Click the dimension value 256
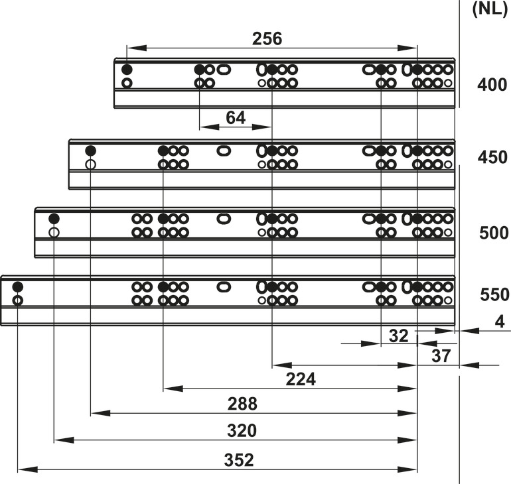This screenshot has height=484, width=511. [267, 38]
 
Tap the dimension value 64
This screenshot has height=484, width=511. [236, 117]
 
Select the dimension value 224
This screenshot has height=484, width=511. [301, 379]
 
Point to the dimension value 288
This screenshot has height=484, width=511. [242, 404]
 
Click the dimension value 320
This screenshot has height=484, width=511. [242, 430]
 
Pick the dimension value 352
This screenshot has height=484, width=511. [239, 460]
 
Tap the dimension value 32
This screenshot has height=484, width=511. [398, 336]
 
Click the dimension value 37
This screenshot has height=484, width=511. [441, 356]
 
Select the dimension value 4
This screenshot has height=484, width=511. [500, 322]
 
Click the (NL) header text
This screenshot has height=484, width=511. [490, 9]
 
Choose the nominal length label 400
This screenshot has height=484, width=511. [492, 85]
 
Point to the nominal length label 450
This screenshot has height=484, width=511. [492, 157]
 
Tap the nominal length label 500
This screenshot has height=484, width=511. [494, 233]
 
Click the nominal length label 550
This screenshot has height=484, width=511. [494, 294]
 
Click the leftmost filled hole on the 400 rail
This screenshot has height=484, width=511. [127, 70]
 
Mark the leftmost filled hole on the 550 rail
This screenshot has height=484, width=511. [18, 287]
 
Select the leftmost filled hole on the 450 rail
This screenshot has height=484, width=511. [91, 151]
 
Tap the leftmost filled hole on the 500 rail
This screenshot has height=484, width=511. [54, 218]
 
